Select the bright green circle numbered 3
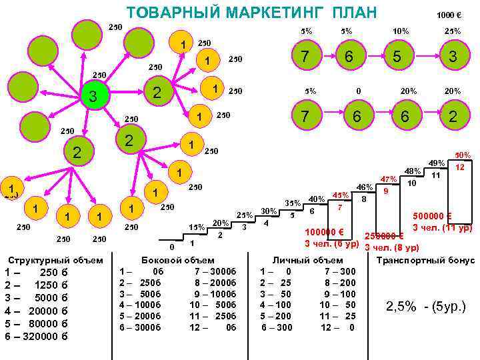[93, 97]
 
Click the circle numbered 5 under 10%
[397, 58]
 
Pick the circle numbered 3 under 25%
[452, 58]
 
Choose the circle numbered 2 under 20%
[452, 117]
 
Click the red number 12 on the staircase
[460, 167]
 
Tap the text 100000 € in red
[324, 232]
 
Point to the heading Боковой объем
[179, 260]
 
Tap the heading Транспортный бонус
[425, 260]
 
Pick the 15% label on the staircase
[197, 227]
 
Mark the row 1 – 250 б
[37, 272]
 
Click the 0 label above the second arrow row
[359, 91]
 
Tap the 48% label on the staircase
[413, 171]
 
